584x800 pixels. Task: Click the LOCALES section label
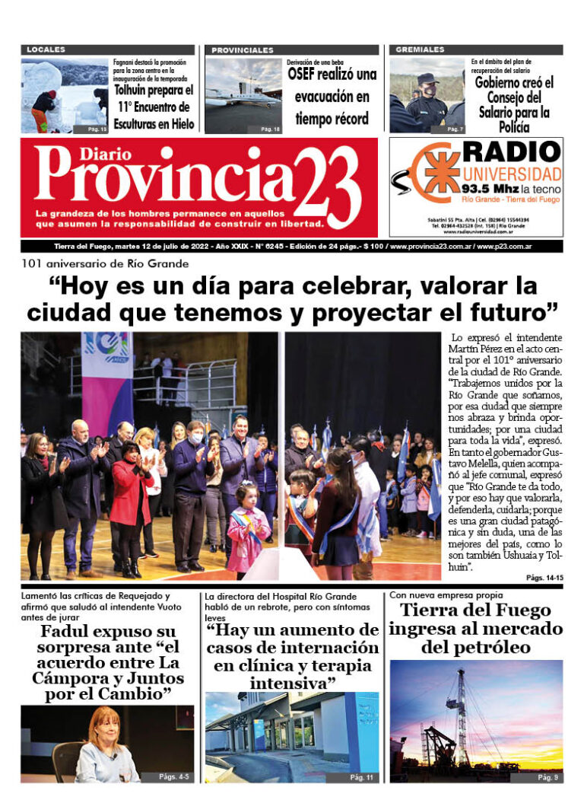(46, 49)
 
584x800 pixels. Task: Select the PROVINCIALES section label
(243, 49)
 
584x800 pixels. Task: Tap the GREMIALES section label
(420, 49)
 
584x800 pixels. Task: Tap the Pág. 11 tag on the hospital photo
(360, 777)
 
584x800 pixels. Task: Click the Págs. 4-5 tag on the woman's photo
(174, 776)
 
